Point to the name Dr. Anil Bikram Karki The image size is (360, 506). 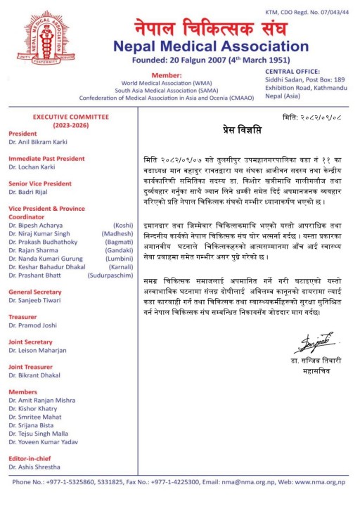pyautogui.click(x=35, y=142)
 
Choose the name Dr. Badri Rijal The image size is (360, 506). pyautogui.click(x=30, y=192)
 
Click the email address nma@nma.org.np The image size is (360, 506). pyautogui.click(x=247, y=482)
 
